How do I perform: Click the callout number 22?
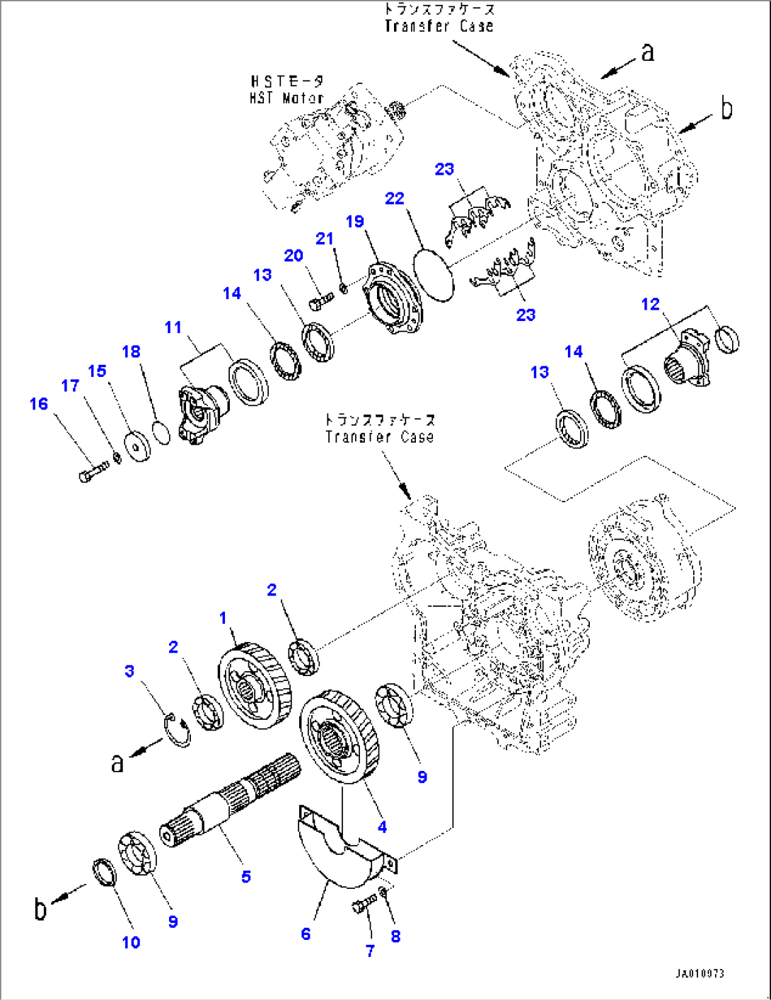(x=394, y=199)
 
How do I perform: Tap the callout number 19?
(x=354, y=222)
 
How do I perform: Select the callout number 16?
(x=39, y=404)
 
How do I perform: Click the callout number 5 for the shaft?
(x=245, y=877)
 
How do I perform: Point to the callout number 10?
(x=131, y=942)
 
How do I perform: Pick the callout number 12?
(x=650, y=304)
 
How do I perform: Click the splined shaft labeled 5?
(x=233, y=799)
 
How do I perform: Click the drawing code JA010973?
(x=699, y=974)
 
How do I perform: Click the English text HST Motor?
(x=286, y=98)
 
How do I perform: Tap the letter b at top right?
(x=726, y=108)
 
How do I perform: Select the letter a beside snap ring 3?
(x=117, y=762)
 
